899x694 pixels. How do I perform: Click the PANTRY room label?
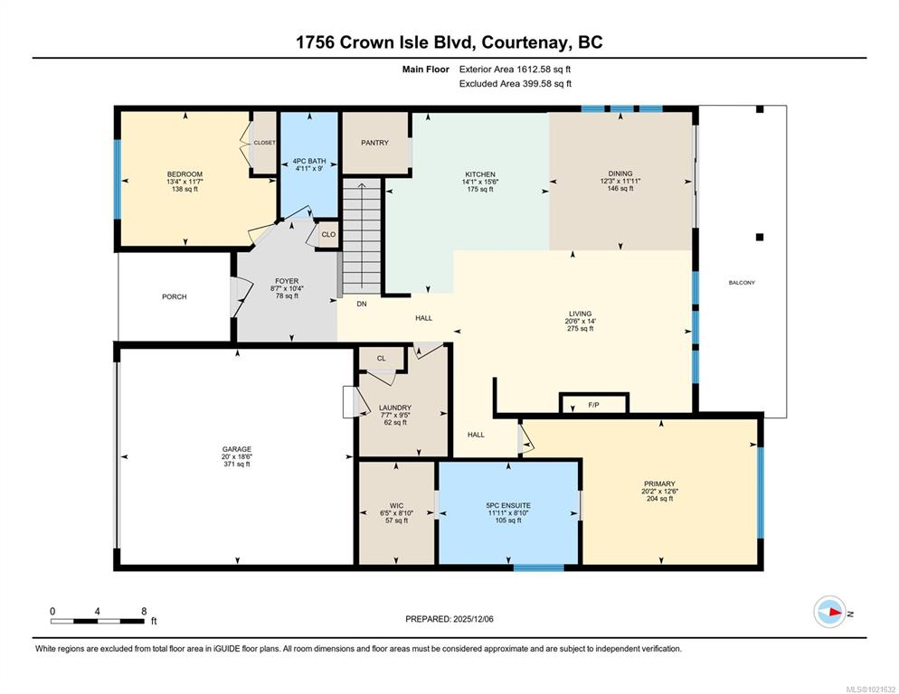point(374,143)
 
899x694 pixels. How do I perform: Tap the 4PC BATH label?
point(309,161)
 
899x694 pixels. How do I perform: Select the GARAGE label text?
point(237,449)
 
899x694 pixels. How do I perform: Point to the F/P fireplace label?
point(593,405)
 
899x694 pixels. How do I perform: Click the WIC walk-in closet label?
point(396,506)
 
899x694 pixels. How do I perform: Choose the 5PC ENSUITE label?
point(508,505)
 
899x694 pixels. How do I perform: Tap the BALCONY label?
point(742,283)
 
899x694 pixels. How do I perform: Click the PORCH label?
point(175,297)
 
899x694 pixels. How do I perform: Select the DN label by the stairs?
point(361,305)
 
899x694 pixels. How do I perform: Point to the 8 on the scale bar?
point(144,611)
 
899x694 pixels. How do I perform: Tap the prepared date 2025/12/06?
point(473,619)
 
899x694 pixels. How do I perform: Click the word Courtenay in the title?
point(525,42)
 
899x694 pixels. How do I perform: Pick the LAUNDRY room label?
point(395,408)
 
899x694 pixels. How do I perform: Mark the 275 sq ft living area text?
point(581,329)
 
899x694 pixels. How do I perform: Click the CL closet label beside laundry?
point(382,359)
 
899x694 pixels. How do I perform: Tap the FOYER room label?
point(287,281)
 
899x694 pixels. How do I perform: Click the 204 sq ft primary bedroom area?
point(659,499)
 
